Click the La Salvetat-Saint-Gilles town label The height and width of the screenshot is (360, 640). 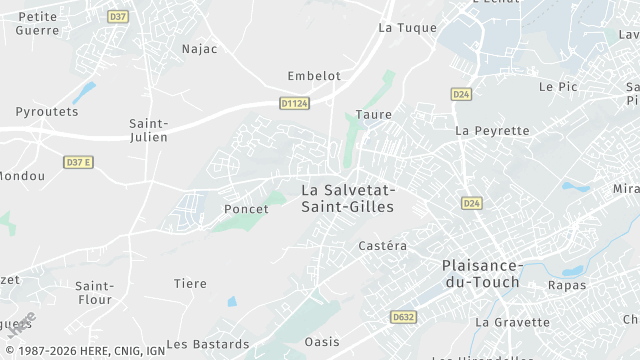[348, 198]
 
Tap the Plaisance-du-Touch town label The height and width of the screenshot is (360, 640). [481, 273]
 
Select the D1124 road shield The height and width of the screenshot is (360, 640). [293, 102]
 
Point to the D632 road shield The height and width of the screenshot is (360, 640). [402, 317]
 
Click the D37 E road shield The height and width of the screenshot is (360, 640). [77, 162]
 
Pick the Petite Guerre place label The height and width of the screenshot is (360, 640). [38, 23]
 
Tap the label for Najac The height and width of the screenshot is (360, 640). [199, 48]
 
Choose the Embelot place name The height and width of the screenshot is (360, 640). [314, 75]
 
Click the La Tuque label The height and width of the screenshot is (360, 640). [407, 28]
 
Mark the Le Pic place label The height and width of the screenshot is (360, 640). [558, 87]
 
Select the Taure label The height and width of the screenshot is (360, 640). [373, 115]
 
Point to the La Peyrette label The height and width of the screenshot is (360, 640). [492, 131]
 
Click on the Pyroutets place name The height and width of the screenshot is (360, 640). [46, 111]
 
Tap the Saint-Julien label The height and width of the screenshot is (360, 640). [148, 130]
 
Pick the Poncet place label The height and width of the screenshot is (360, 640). [246, 209]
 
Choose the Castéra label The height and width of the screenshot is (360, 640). [382, 245]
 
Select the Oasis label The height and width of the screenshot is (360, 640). [322, 341]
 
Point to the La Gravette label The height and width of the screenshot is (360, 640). [512, 322]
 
